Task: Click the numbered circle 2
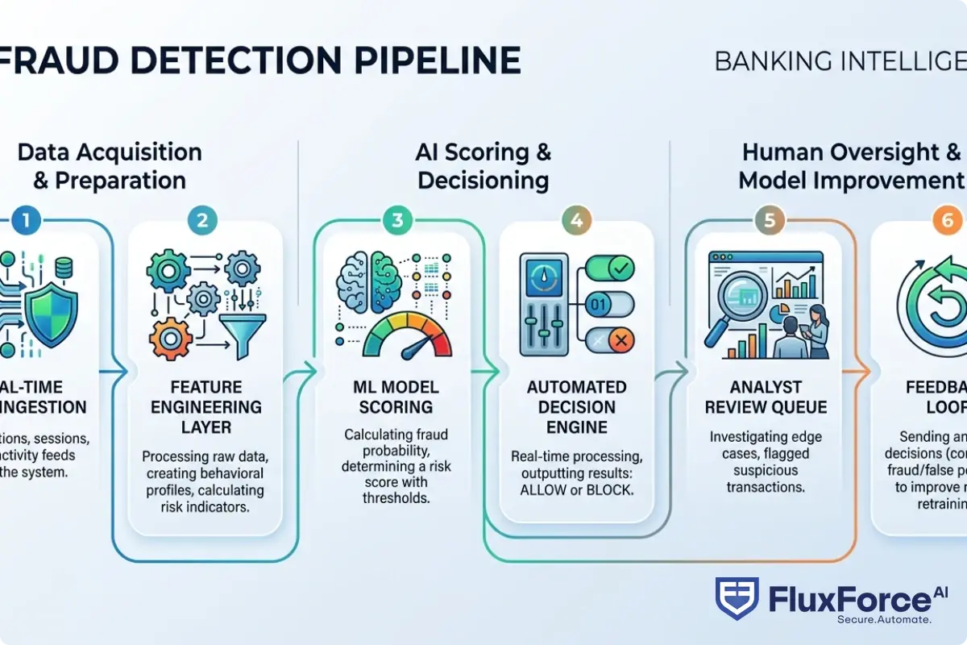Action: tap(202, 220)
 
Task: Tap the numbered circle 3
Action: tap(396, 220)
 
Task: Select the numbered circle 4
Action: tap(579, 220)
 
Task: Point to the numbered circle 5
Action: tap(769, 220)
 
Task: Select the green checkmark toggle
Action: tap(611, 269)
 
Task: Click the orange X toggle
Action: tap(611, 342)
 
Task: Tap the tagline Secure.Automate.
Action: tap(884, 619)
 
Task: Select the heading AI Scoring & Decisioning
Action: tap(483, 165)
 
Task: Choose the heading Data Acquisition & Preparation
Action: tap(110, 165)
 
